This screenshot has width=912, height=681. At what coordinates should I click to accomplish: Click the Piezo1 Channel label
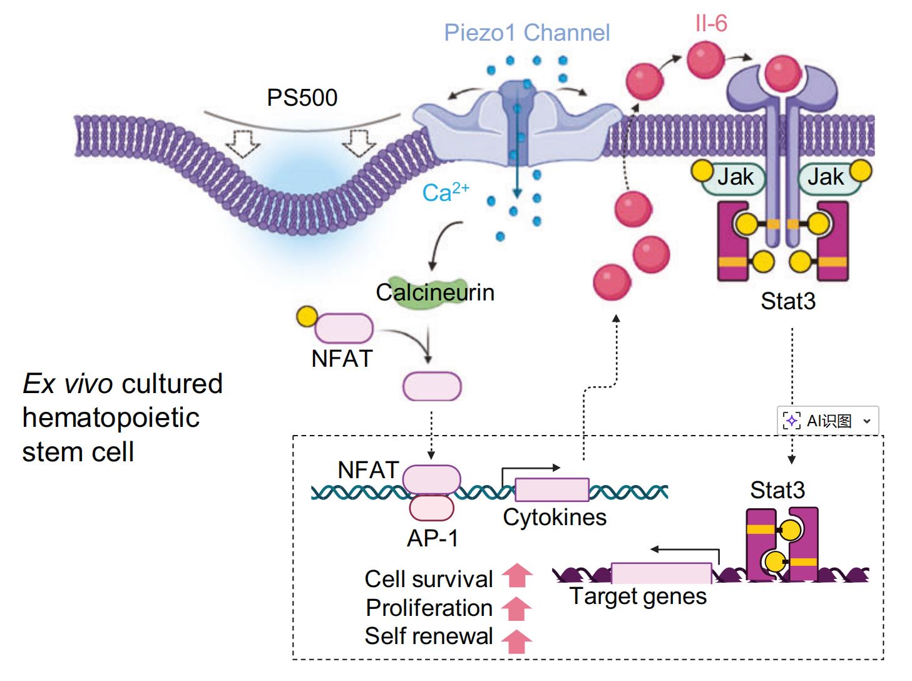[526, 33]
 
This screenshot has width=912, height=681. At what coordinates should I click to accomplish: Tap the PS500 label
[302, 98]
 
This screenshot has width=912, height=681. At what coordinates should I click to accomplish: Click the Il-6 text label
[711, 24]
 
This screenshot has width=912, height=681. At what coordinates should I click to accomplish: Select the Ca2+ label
[445, 192]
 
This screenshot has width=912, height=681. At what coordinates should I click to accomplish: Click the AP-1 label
[433, 538]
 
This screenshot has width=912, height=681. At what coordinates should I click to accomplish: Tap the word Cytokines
[555, 518]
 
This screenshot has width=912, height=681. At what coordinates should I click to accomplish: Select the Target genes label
[638, 597]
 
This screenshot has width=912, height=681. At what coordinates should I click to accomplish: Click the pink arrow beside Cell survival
[517, 576]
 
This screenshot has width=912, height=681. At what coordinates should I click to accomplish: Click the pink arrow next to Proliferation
[517, 608]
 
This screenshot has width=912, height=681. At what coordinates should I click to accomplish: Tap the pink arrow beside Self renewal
[517, 641]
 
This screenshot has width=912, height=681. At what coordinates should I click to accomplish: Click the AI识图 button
[827, 421]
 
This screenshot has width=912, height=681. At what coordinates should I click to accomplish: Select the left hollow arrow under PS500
[242, 143]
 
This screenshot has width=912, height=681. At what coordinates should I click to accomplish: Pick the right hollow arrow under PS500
[359, 143]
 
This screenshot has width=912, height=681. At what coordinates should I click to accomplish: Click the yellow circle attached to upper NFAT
[307, 317]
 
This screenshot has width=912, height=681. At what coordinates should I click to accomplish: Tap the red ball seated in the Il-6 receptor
[782, 73]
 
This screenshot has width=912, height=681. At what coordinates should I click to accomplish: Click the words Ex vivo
[68, 384]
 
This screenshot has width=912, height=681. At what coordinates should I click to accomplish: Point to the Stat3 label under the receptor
[788, 301]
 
